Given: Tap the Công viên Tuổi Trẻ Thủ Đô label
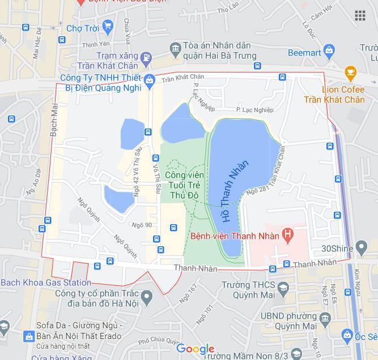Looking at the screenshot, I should pos(181,179).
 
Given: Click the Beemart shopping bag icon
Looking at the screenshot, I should pos(329,53).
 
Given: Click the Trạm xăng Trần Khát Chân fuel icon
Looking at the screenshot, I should pos(146,57).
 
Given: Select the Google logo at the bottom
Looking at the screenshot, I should pos(195,349).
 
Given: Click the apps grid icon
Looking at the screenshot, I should pos(360,15).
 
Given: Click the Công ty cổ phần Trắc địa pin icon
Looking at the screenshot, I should pos(147,295).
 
